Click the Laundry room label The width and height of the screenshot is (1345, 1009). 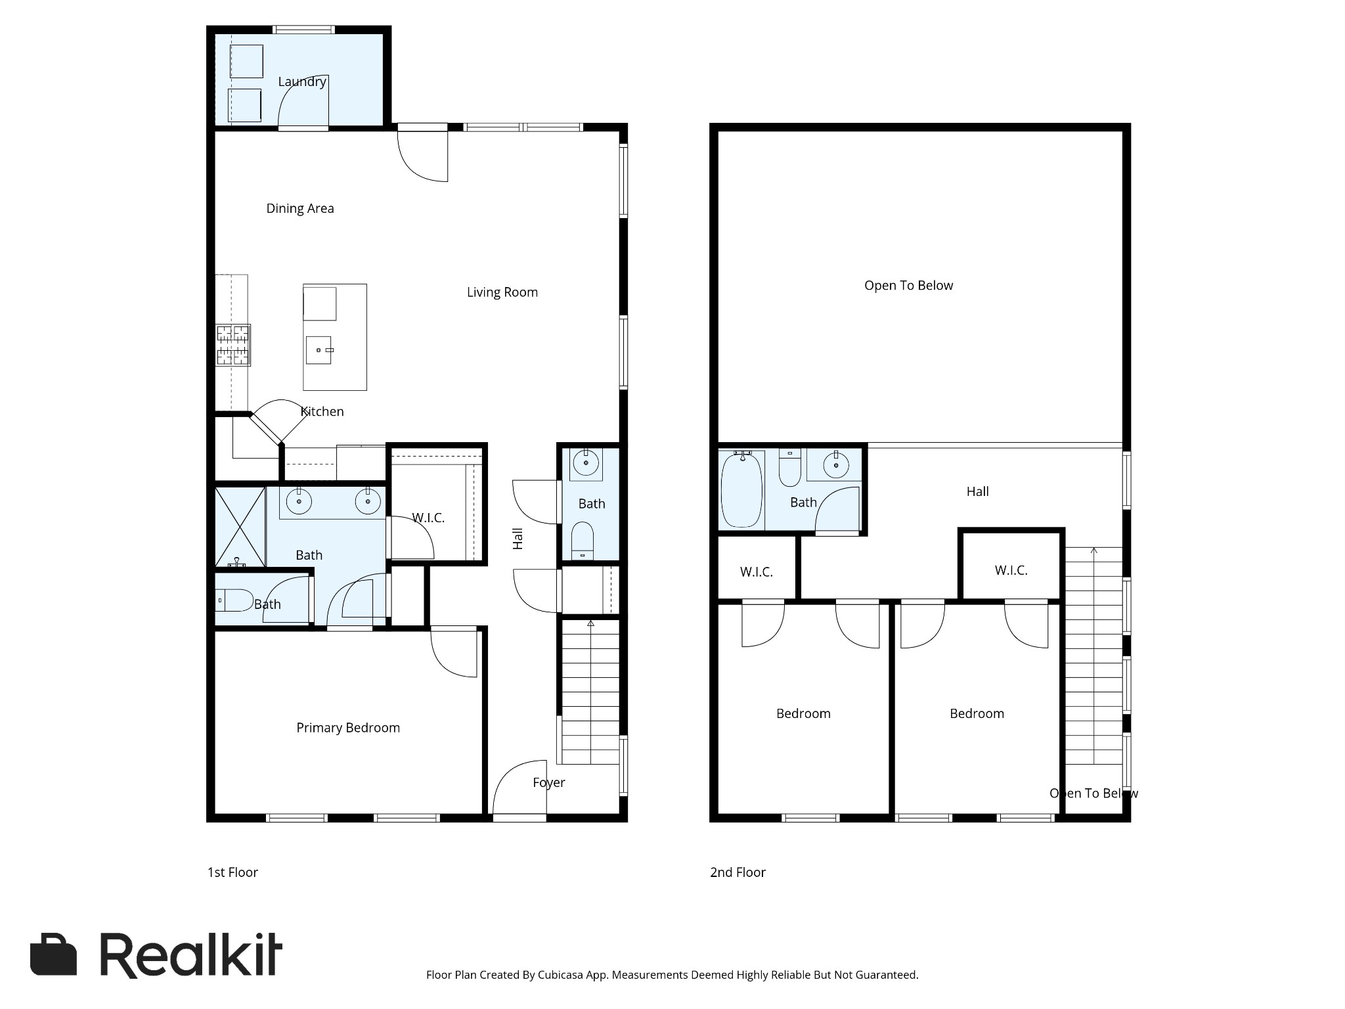[x=301, y=81]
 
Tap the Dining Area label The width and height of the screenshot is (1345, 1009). [x=299, y=208]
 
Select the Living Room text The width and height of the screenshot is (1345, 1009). [x=502, y=292]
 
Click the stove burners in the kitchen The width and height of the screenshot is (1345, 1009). [x=233, y=345]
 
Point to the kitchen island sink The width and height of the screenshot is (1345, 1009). [x=319, y=349]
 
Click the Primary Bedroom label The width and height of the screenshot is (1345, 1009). [x=347, y=728]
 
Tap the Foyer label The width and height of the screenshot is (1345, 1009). [x=548, y=782]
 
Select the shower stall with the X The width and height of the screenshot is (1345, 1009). [x=240, y=526]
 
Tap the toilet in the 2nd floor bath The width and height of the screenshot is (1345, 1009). [x=789, y=468]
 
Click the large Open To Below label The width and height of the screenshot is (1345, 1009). [x=908, y=286]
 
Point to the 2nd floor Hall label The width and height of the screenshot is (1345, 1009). [x=977, y=491]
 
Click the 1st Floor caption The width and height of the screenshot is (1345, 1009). [x=232, y=872]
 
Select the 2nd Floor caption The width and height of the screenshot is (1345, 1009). [x=738, y=872]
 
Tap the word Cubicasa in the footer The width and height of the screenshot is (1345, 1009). [x=561, y=975]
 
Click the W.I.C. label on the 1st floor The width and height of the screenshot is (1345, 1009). [x=428, y=518]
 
